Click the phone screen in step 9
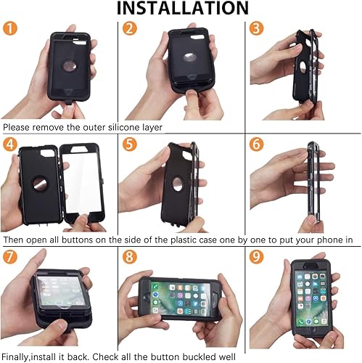pos(311,300)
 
